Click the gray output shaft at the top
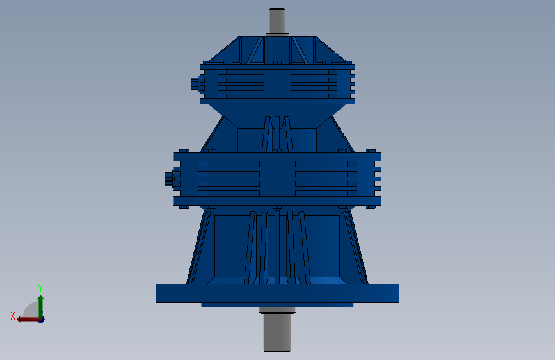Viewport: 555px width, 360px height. (x=277, y=20)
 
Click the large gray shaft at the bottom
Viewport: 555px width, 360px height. (x=277, y=332)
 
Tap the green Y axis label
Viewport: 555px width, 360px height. (x=40, y=288)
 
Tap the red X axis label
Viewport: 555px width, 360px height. (x=13, y=316)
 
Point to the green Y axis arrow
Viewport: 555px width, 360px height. (x=41, y=307)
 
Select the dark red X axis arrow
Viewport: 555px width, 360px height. (x=29, y=320)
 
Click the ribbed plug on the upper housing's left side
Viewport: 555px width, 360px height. (x=195, y=84)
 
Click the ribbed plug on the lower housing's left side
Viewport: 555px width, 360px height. (x=169, y=179)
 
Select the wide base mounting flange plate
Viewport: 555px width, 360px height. (x=278, y=293)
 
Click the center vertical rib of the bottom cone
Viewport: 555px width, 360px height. (x=277, y=247)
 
